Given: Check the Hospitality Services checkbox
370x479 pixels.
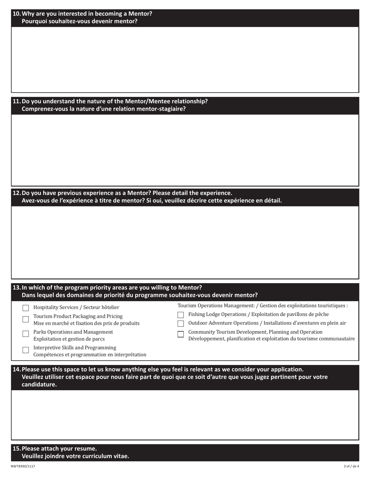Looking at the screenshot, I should [26, 308].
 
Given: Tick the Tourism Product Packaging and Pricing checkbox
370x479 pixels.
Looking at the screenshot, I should [26, 319].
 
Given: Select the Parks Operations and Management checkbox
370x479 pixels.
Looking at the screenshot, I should [26, 334].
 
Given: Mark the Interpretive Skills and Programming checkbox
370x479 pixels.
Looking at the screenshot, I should [26, 350].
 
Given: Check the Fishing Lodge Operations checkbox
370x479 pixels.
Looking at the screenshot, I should [181, 315].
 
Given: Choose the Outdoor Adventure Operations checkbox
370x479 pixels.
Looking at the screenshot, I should [181, 324].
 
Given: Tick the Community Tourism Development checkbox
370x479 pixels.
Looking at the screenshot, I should [181, 334].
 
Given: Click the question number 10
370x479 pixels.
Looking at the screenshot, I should [17, 14].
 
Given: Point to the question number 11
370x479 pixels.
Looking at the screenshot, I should [17, 101].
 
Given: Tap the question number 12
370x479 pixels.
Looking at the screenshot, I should [17, 193].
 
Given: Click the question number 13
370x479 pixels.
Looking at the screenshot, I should [17, 288].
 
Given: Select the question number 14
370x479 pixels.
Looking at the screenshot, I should [17, 370].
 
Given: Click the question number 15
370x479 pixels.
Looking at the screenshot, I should [17, 449].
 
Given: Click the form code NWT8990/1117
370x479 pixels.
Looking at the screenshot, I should [23, 466].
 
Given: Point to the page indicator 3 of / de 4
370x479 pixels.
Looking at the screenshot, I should [351, 466].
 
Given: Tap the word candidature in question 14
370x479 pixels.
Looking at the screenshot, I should [39, 385].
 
